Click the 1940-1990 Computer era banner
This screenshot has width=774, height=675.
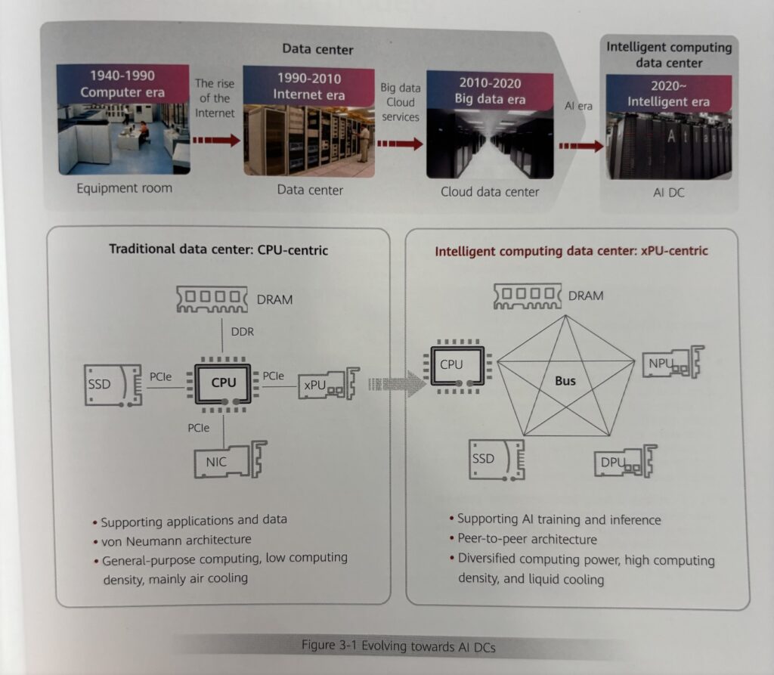[122, 83]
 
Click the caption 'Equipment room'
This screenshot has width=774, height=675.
[124, 187]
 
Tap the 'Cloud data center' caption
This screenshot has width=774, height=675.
[490, 191]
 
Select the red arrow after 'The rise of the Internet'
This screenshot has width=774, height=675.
[218, 140]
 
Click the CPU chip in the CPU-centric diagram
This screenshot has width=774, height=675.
[224, 382]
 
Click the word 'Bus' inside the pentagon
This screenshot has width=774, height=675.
[565, 380]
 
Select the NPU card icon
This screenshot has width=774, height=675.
[672, 364]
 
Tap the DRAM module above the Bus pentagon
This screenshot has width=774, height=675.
[528, 296]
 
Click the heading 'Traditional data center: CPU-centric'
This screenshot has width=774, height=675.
[218, 249]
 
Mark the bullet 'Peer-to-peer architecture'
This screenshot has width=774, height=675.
[527, 539]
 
